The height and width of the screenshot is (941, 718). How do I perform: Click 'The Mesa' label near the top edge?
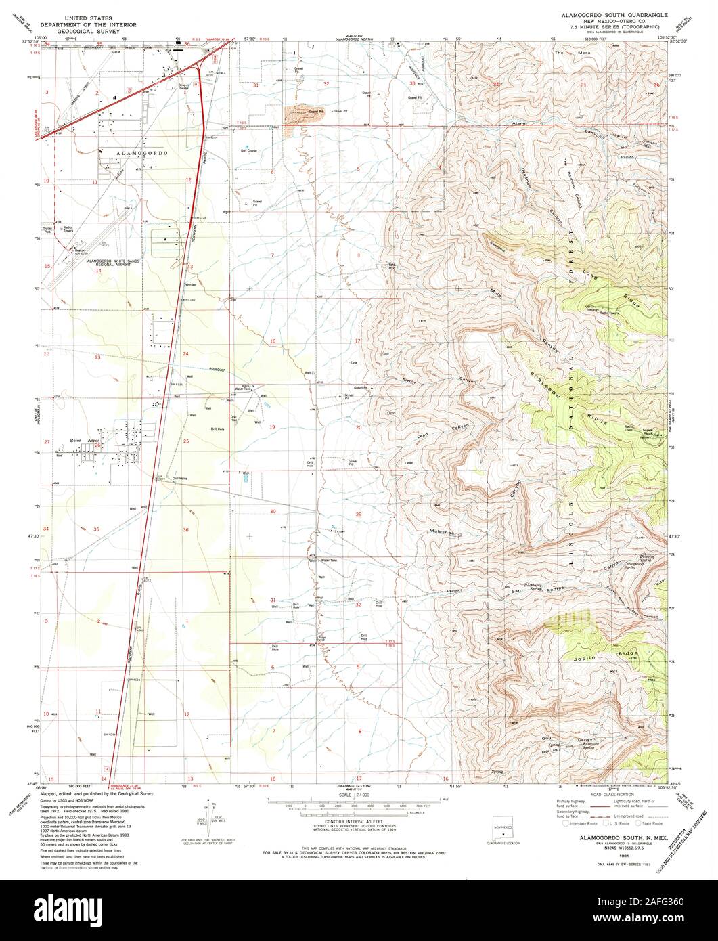click(x=564, y=53)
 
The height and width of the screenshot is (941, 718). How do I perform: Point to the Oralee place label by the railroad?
click(x=191, y=285)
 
